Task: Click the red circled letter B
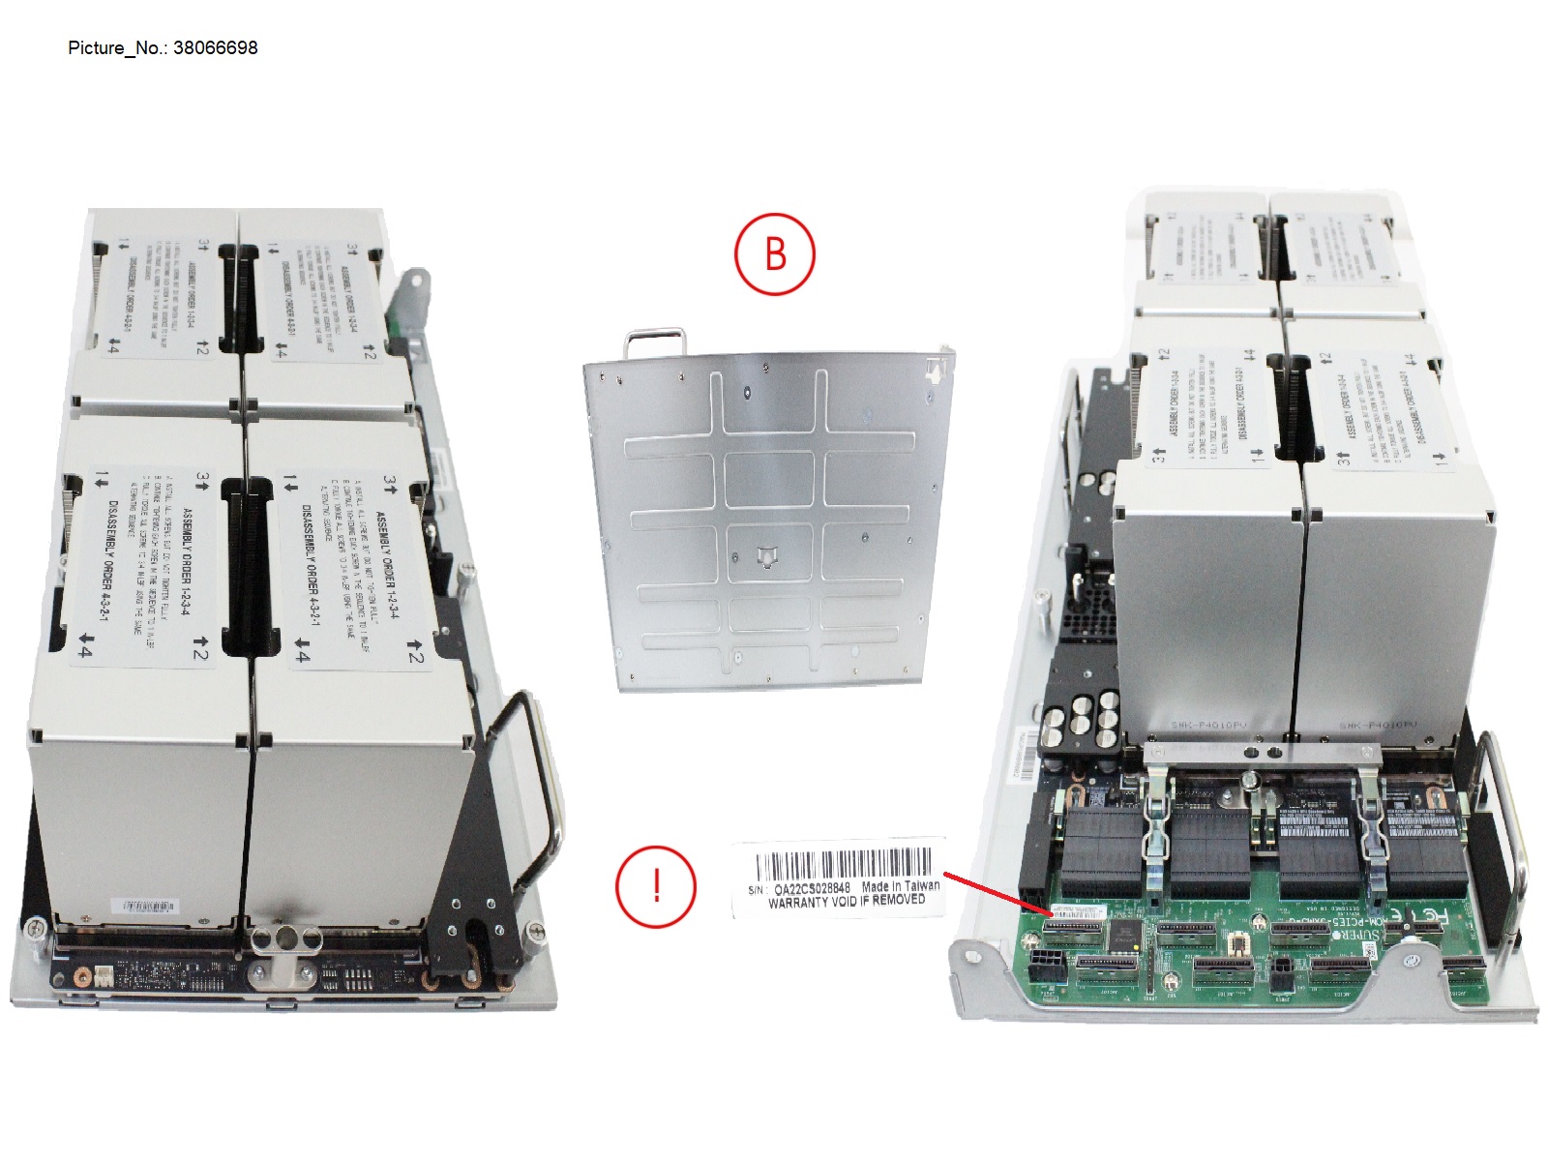point(775,254)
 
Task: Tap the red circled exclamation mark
point(656,885)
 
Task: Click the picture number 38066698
point(215,47)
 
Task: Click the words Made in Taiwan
point(900,885)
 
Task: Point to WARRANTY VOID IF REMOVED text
point(846,901)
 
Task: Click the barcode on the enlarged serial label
point(843,864)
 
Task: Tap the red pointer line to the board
point(997,893)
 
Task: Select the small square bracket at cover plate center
point(765,556)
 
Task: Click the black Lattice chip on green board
point(1124,935)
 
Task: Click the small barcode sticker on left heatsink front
point(144,907)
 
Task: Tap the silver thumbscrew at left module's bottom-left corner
point(36,929)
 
